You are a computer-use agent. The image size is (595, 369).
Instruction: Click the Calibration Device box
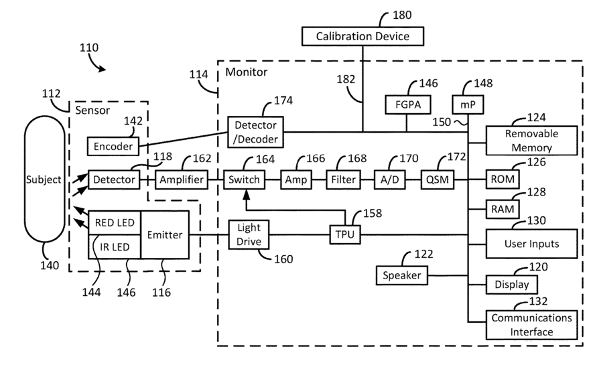[x=362, y=36]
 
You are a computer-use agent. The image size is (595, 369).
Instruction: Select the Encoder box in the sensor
[x=113, y=146]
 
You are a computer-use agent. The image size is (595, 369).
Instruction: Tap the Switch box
[x=244, y=179]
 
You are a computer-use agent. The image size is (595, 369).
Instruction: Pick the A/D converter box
[x=390, y=179]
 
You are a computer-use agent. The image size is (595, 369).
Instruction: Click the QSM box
[x=438, y=179]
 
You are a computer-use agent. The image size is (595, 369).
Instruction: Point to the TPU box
[x=345, y=234]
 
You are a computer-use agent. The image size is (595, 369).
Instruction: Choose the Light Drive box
[x=249, y=234]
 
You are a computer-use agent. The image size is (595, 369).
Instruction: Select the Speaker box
[x=402, y=275]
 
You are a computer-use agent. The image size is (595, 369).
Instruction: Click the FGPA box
[x=408, y=104]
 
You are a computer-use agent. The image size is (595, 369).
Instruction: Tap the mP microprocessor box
[x=468, y=104]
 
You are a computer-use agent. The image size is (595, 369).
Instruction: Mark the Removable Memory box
[x=531, y=141]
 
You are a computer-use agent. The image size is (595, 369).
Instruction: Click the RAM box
[x=503, y=209]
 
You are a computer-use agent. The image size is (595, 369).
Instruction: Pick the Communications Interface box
[x=531, y=325]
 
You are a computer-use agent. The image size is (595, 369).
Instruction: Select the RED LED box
[x=115, y=222]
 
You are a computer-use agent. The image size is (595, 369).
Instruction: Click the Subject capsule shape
[x=44, y=179]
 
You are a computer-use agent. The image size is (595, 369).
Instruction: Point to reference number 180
[x=402, y=15]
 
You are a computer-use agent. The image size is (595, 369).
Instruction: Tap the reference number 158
[x=373, y=213]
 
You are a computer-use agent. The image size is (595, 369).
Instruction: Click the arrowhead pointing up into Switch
[x=247, y=194]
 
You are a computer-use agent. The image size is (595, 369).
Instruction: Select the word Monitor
[x=247, y=72]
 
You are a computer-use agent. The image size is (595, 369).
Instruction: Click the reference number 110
[x=89, y=48]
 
